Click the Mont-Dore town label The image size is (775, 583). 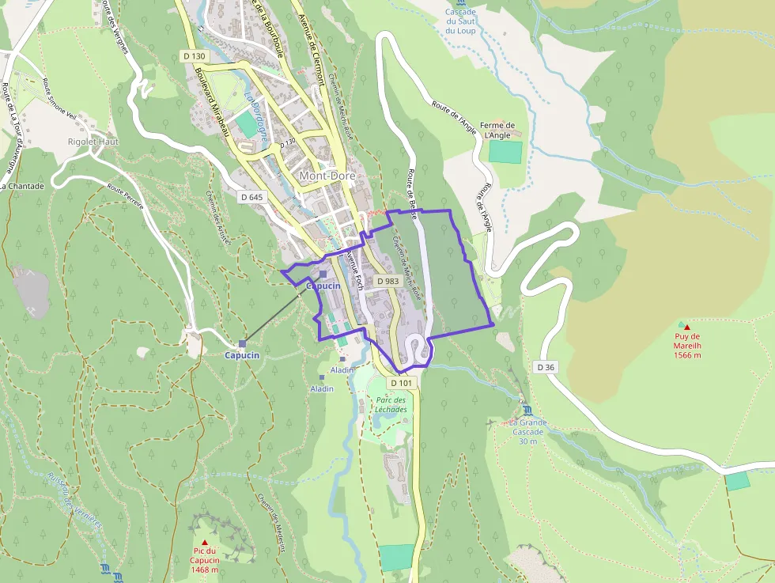coord(327,175)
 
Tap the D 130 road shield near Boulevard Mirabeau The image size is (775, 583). coord(194,56)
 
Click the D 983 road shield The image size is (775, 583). coord(387,281)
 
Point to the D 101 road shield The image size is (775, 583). coord(401,383)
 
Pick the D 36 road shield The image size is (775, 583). coord(546,367)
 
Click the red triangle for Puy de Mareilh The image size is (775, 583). coord(686,327)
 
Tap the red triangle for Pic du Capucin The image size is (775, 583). coord(204,542)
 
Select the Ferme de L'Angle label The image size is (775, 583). coord(499,130)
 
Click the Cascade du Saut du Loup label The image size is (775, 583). coord(460,21)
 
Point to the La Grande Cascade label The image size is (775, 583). coord(527,432)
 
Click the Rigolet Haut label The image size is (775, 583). coord(93,142)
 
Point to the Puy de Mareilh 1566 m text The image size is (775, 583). coord(687,350)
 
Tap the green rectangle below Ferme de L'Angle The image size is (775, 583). coord(505,151)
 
